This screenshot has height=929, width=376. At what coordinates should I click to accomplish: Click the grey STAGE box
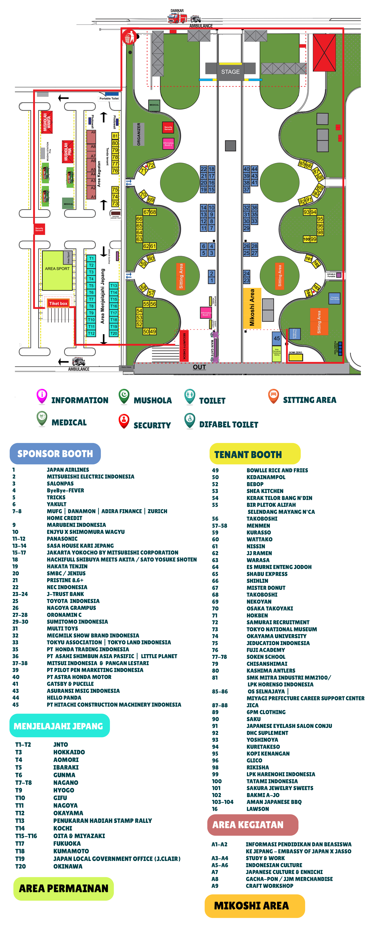click(230, 71)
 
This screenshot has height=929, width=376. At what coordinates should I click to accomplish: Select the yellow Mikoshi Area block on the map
click(252, 308)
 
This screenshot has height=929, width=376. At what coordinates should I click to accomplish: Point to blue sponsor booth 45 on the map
click(276, 338)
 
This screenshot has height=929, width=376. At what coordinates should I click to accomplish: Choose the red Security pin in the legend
click(124, 420)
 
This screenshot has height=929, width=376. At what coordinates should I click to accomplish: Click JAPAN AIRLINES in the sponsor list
click(68, 470)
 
